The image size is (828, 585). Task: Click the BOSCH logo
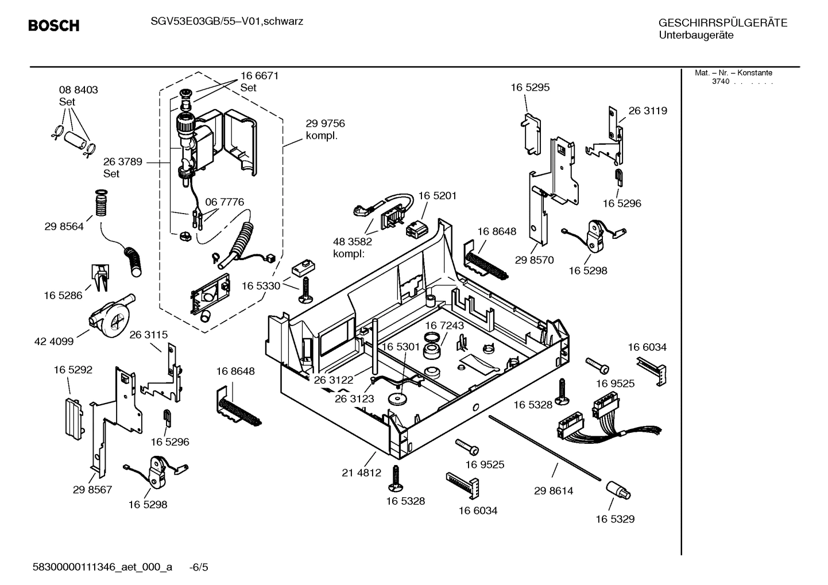tap(53, 26)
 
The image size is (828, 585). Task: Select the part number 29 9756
tap(325, 123)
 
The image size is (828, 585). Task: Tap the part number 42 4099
tap(54, 342)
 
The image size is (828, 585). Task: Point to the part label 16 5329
tap(615, 519)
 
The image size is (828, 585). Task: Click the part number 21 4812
tap(361, 473)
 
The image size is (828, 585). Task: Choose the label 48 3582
tap(353, 242)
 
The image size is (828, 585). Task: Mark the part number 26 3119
tap(648, 111)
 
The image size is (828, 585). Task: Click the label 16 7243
tap(444, 326)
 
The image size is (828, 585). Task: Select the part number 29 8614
tap(554, 491)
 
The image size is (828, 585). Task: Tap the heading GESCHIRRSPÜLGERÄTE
tap(722, 24)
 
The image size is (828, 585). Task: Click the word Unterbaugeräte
tap(696, 36)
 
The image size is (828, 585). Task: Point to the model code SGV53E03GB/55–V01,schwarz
tap(227, 22)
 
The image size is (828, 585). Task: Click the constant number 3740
tap(720, 82)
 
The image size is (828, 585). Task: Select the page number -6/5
tap(199, 567)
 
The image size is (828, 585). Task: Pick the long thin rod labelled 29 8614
tap(545, 447)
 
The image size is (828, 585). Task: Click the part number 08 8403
tap(78, 90)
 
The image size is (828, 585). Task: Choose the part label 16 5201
tap(437, 196)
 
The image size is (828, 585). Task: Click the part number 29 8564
tap(64, 227)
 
